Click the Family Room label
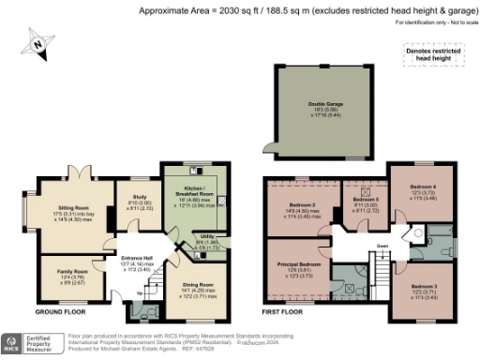click(72, 271)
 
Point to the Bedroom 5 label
click(365, 200)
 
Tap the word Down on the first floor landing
click(382, 247)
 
